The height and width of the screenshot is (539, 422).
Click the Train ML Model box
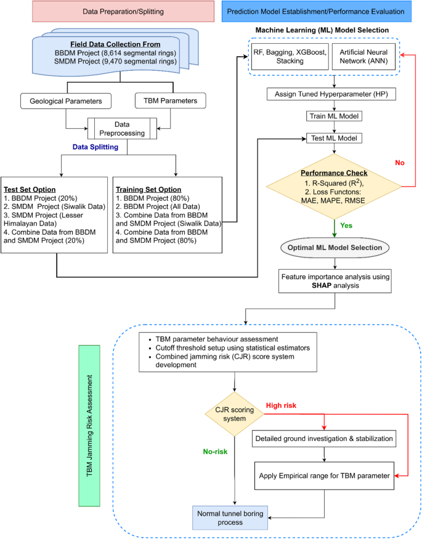[334, 116]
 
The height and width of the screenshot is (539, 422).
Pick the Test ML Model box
[334, 138]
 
